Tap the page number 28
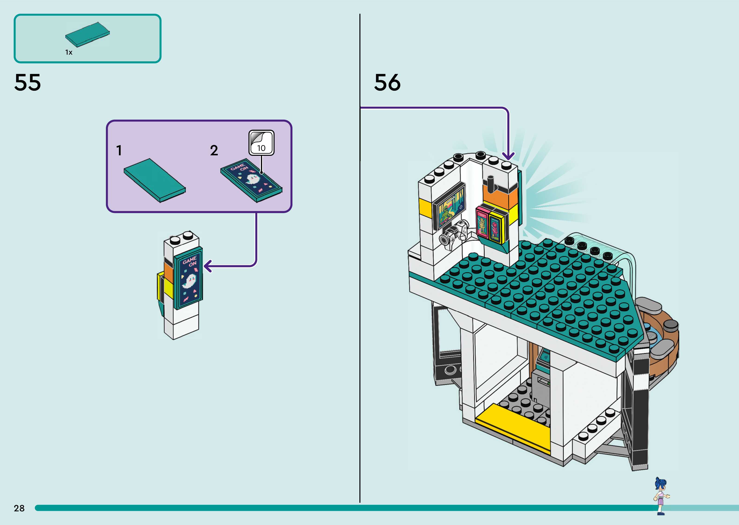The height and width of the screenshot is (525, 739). coord(19,508)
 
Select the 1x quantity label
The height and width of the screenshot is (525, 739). coord(69,52)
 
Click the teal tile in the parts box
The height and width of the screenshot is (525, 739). coord(87,35)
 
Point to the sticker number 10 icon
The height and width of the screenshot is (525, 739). coord(261,143)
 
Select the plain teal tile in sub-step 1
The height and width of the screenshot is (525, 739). coord(155,180)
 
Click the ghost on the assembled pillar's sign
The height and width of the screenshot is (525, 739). coord(189,281)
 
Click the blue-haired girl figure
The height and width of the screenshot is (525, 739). coord(661,496)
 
